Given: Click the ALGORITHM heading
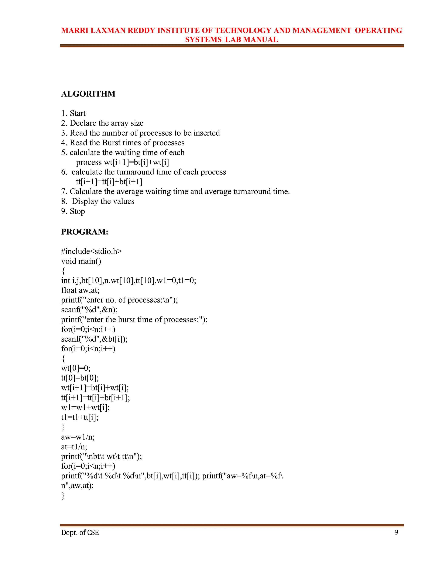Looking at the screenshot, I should (88, 94).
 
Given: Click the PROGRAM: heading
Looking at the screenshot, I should (85, 232).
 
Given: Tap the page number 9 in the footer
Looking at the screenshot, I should (396, 532).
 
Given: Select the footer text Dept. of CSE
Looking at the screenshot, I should (80, 533).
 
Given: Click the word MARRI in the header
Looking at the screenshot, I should (75, 30).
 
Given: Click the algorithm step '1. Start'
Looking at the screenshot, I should (73, 113).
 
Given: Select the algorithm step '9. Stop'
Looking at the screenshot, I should (73, 211).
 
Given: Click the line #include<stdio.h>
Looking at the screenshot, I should (92, 251).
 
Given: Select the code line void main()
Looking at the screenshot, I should (81, 261).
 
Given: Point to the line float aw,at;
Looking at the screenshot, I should (80, 290).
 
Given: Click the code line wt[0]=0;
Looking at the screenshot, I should (76, 368).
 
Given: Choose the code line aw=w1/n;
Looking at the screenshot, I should (78, 437).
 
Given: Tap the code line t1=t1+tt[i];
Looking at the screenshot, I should (80, 417).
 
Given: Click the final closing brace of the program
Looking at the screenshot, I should (63, 495).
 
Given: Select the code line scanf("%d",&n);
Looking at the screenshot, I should (89, 310).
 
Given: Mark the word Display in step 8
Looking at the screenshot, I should (85, 201).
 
